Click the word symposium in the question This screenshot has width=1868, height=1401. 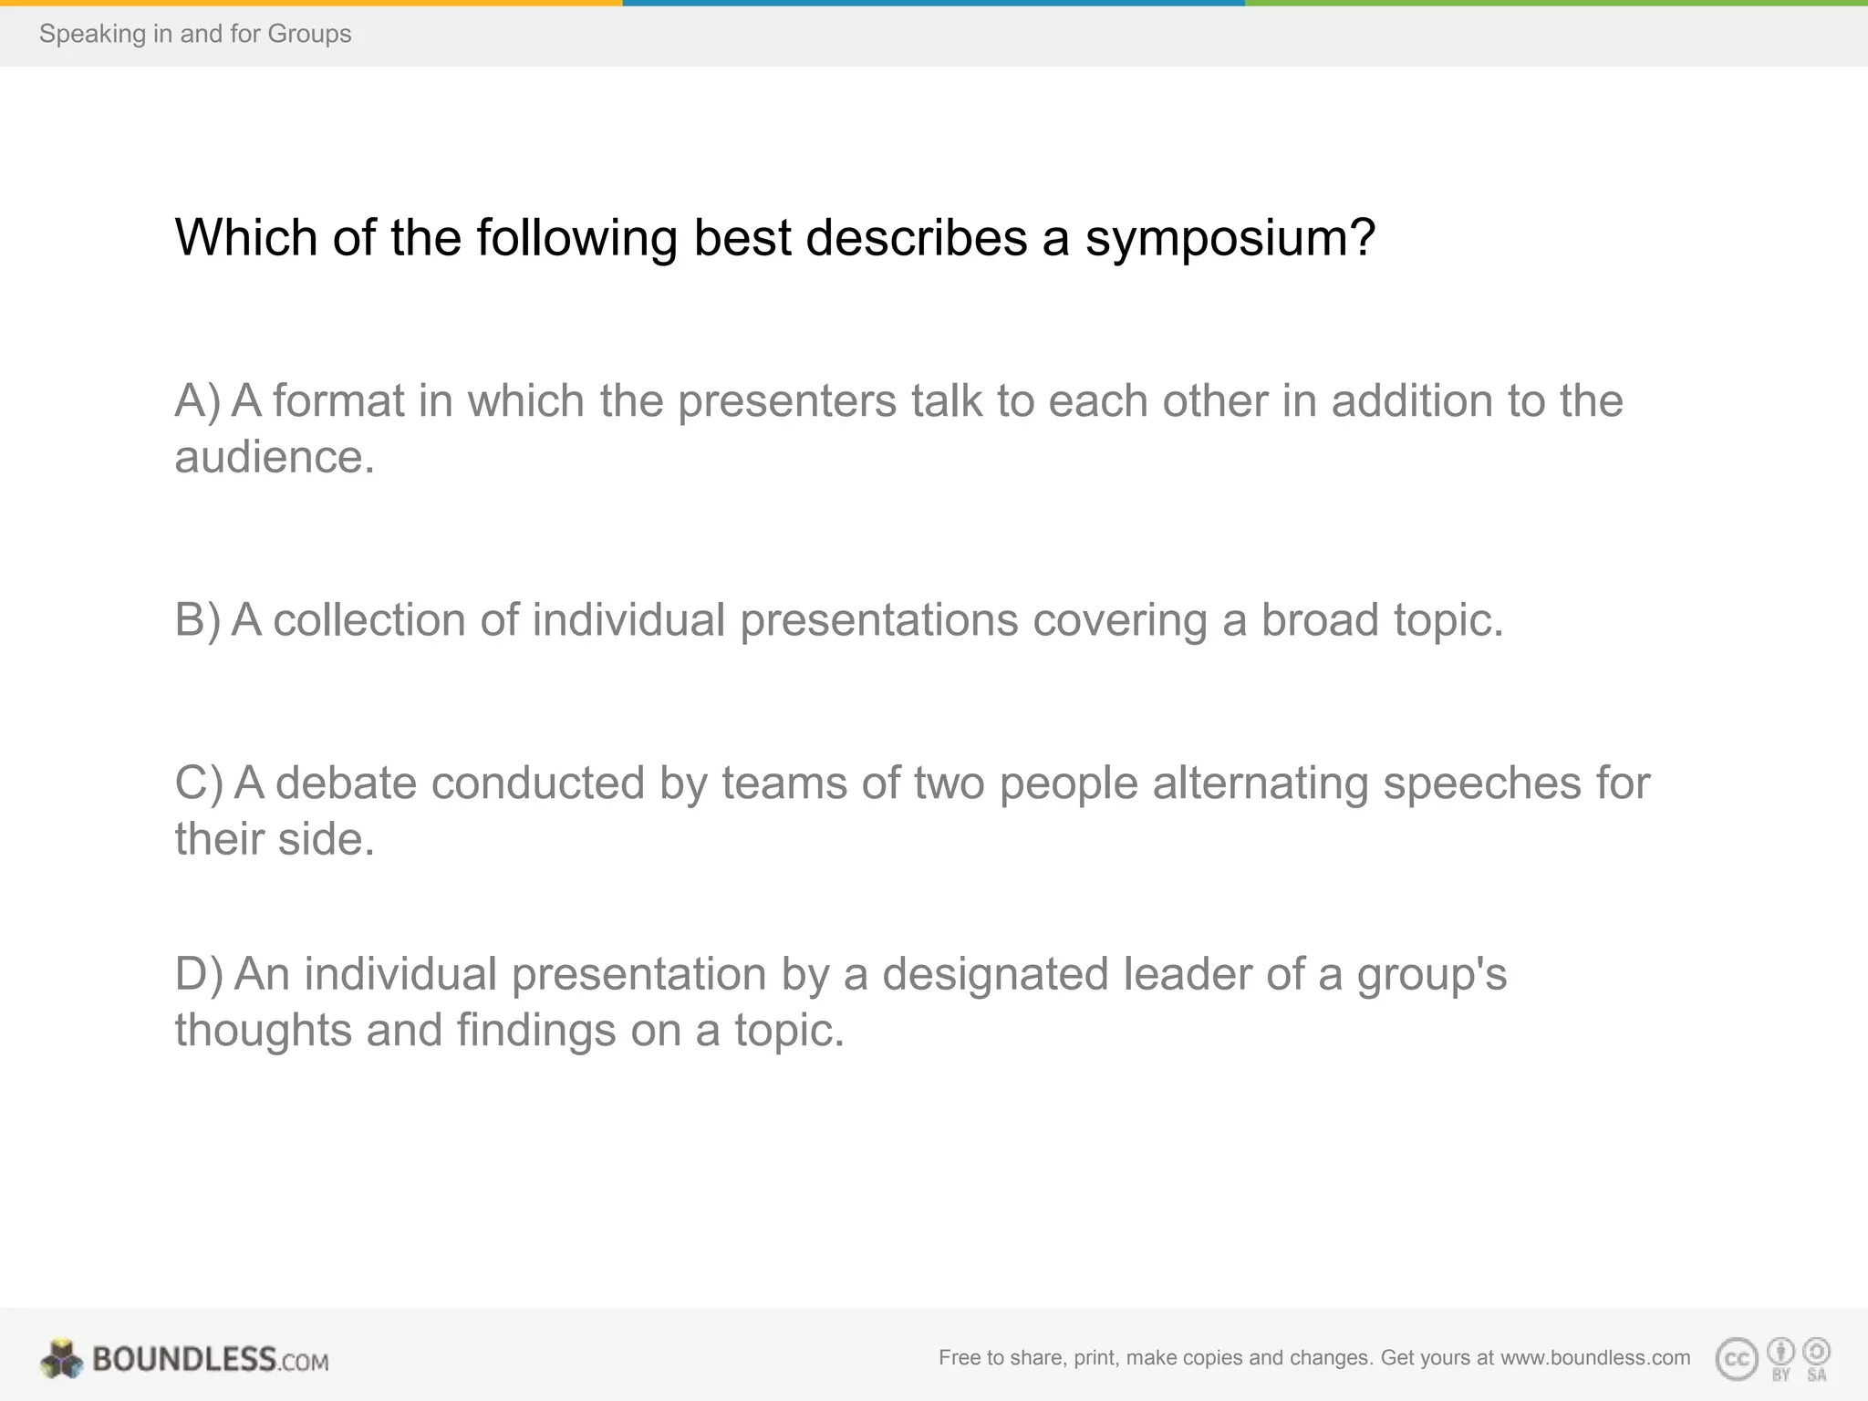[x=1229, y=239]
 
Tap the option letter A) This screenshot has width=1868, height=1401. [x=197, y=401]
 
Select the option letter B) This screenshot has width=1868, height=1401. [x=197, y=620]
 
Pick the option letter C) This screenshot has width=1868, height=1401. [x=198, y=784]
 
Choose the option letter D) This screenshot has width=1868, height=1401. [x=198, y=974]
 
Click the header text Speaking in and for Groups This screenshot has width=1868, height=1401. [x=195, y=34]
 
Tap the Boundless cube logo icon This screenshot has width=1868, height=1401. [x=61, y=1359]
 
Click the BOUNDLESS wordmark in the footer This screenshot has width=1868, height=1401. [x=184, y=1359]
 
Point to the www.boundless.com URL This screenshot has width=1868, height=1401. [x=1595, y=1358]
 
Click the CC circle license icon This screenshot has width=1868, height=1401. [x=1737, y=1360]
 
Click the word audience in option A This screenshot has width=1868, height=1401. [x=274, y=458]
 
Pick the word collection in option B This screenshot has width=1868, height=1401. [x=369, y=620]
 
